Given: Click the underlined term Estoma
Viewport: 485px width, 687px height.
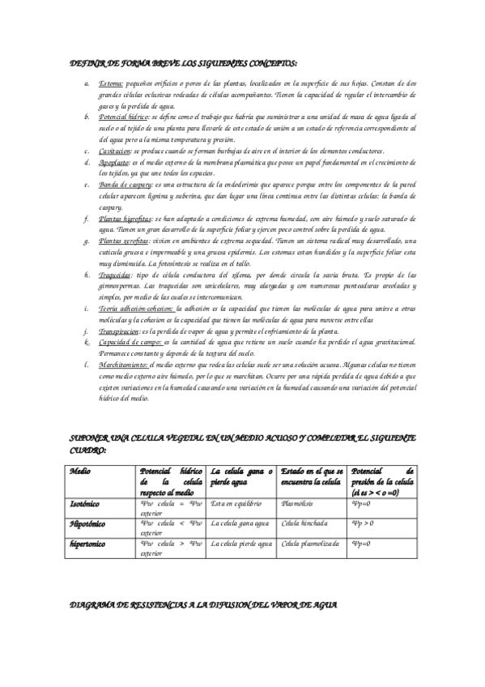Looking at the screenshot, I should (111, 83).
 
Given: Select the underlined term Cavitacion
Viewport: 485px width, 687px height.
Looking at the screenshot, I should (114, 151).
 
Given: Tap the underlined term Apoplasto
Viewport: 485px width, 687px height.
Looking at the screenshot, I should (113, 162).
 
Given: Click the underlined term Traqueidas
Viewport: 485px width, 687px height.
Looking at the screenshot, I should (114, 275).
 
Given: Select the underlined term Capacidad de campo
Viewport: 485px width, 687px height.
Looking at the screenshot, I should (126, 343).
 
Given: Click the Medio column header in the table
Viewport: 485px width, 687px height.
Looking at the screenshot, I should (80, 471).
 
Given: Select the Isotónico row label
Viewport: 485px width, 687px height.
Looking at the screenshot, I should (84, 503).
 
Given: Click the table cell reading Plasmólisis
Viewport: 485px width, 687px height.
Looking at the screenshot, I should (297, 503).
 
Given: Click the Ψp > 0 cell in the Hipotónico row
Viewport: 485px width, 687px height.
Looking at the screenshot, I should (364, 524).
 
